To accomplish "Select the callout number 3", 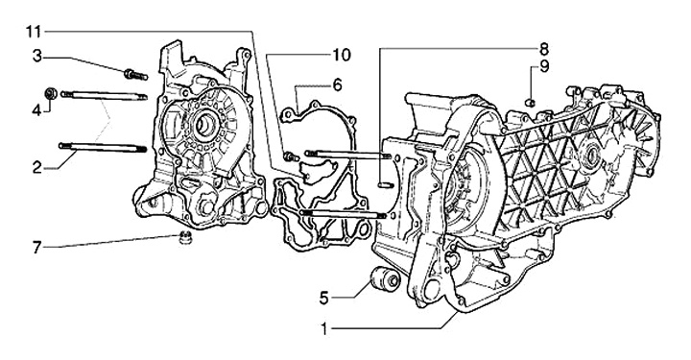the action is [x=37, y=58].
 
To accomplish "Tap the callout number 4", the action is [x=37, y=109].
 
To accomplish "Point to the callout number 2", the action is [x=37, y=167].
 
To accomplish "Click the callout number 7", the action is [x=37, y=247].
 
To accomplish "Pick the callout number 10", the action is [x=342, y=55].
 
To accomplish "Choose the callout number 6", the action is [x=337, y=84].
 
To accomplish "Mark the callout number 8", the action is [x=543, y=48].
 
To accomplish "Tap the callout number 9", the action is [x=544, y=67].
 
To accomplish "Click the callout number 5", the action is [x=324, y=299].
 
